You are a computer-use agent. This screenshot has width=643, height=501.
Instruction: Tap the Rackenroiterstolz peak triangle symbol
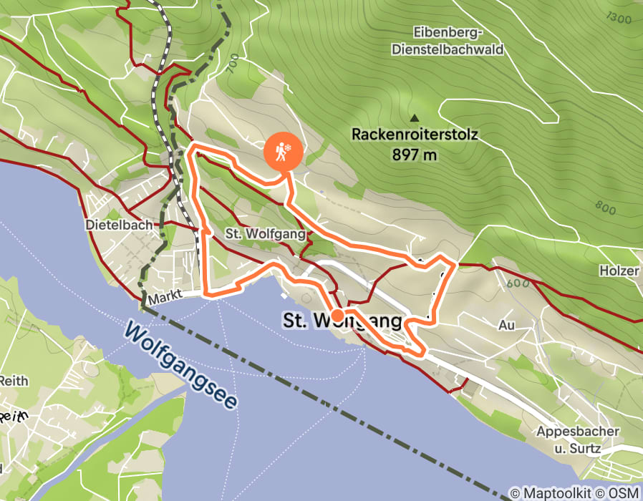click(x=414, y=118)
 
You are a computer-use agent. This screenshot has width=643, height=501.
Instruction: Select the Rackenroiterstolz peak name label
click(x=415, y=134)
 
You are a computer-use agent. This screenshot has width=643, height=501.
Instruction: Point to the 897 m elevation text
click(x=415, y=153)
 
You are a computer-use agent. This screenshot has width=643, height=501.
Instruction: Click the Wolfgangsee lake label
click(x=180, y=364)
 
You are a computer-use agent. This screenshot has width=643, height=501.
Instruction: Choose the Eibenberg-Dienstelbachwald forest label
click(x=448, y=41)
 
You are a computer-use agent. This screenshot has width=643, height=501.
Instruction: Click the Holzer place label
click(x=619, y=271)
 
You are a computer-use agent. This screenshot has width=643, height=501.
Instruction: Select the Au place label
click(x=506, y=325)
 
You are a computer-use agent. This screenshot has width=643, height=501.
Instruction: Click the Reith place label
click(x=14, y=381)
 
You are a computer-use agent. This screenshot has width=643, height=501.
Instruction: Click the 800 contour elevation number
click(x=605, y=208)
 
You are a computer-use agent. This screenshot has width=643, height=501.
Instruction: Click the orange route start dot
click(x=337, y=314)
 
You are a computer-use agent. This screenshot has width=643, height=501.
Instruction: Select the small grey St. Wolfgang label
click(x=266, y=233)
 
